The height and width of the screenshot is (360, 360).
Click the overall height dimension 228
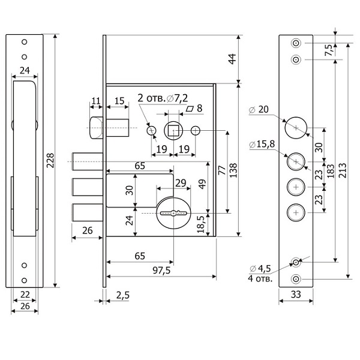[51, 161]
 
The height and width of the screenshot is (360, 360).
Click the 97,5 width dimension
[161, 270]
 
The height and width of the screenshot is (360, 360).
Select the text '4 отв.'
[260, 278]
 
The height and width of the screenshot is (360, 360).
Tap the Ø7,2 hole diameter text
[176, 98]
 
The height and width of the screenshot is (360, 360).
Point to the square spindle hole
[174, 130]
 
